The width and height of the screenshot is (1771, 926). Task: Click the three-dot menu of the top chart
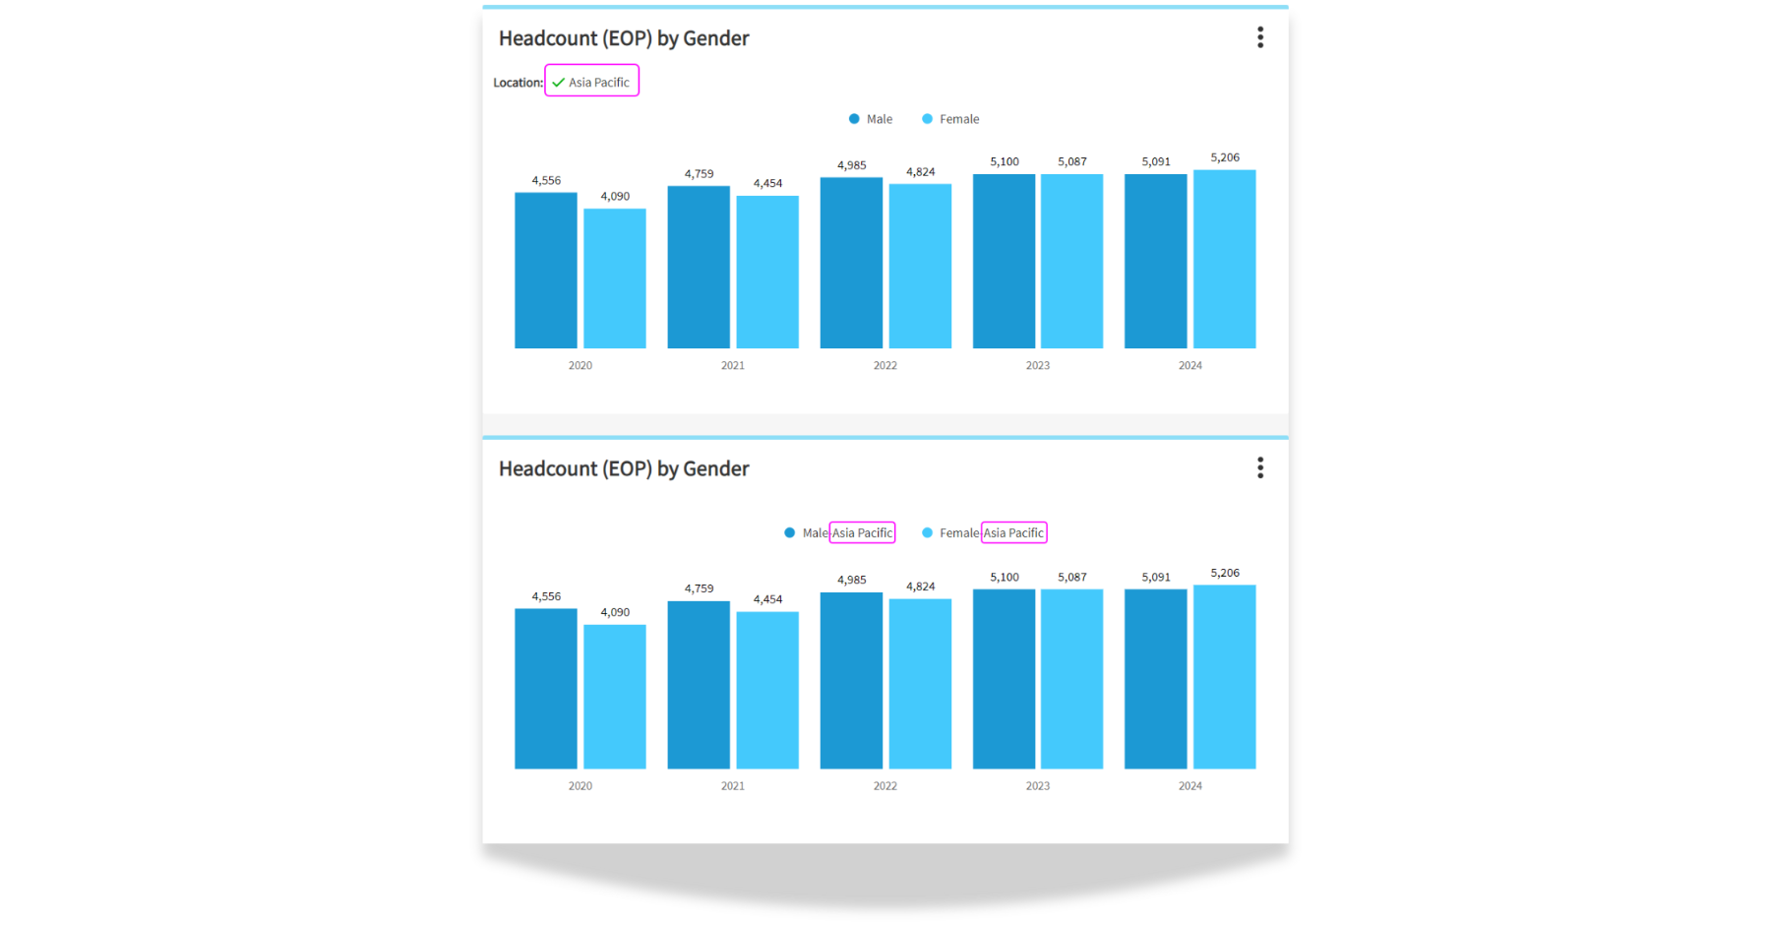(1260, 37)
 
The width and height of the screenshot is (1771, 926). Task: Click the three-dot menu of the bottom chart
(1260, 467)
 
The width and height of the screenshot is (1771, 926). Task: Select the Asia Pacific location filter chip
(592, 82)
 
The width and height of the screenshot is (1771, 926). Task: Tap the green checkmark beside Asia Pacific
(558, 83)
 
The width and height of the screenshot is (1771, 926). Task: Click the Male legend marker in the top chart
(854, 119)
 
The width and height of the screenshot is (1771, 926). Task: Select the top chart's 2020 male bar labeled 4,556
(546, 271)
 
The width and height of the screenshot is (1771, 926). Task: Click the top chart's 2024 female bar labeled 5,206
(1224, 260)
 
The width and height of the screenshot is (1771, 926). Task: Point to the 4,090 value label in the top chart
(615, 196)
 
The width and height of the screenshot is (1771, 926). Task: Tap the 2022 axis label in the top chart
(885, 365)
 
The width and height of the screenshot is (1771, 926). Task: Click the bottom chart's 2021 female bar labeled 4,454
(767, 689)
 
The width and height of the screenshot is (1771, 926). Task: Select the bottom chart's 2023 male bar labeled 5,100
(1004, 679)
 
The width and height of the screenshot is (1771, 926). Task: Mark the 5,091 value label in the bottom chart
(1156, 577)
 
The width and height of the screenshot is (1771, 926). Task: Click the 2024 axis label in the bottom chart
(1190, 785)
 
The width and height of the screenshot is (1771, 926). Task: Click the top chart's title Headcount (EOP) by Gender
(624, 38)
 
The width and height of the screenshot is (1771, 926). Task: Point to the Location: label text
(518, 83)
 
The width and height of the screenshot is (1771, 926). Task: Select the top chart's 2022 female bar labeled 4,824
(920, 266)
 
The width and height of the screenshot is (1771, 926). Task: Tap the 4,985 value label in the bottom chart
(852, 580)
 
